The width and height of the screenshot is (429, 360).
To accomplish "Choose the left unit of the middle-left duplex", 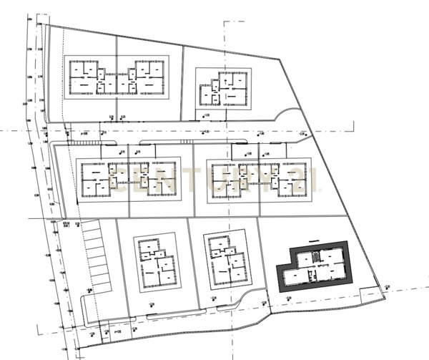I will point(101,179).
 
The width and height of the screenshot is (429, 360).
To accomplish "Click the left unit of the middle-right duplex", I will point(229,179).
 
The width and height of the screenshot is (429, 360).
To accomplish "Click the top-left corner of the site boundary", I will point(45,24).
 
